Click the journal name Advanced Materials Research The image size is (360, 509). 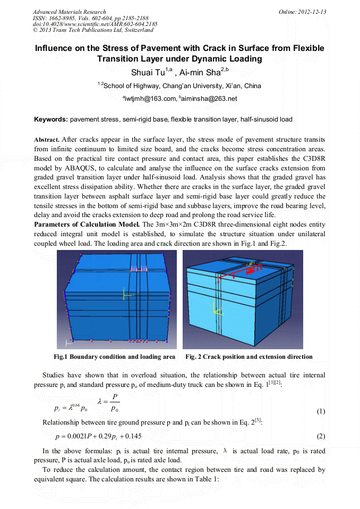click(x=69, y=12)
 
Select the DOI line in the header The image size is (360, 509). click(x=95, y=24)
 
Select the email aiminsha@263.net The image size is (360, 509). click(x=209, y=99)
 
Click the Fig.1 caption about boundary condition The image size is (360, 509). click(x=115, y=357)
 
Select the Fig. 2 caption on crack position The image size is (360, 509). click(x=248, y=357)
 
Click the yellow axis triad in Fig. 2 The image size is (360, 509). click(x=214, y=307)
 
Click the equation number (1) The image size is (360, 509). click(x=320, y=411)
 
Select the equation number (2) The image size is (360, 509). click(x=320, y=436)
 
